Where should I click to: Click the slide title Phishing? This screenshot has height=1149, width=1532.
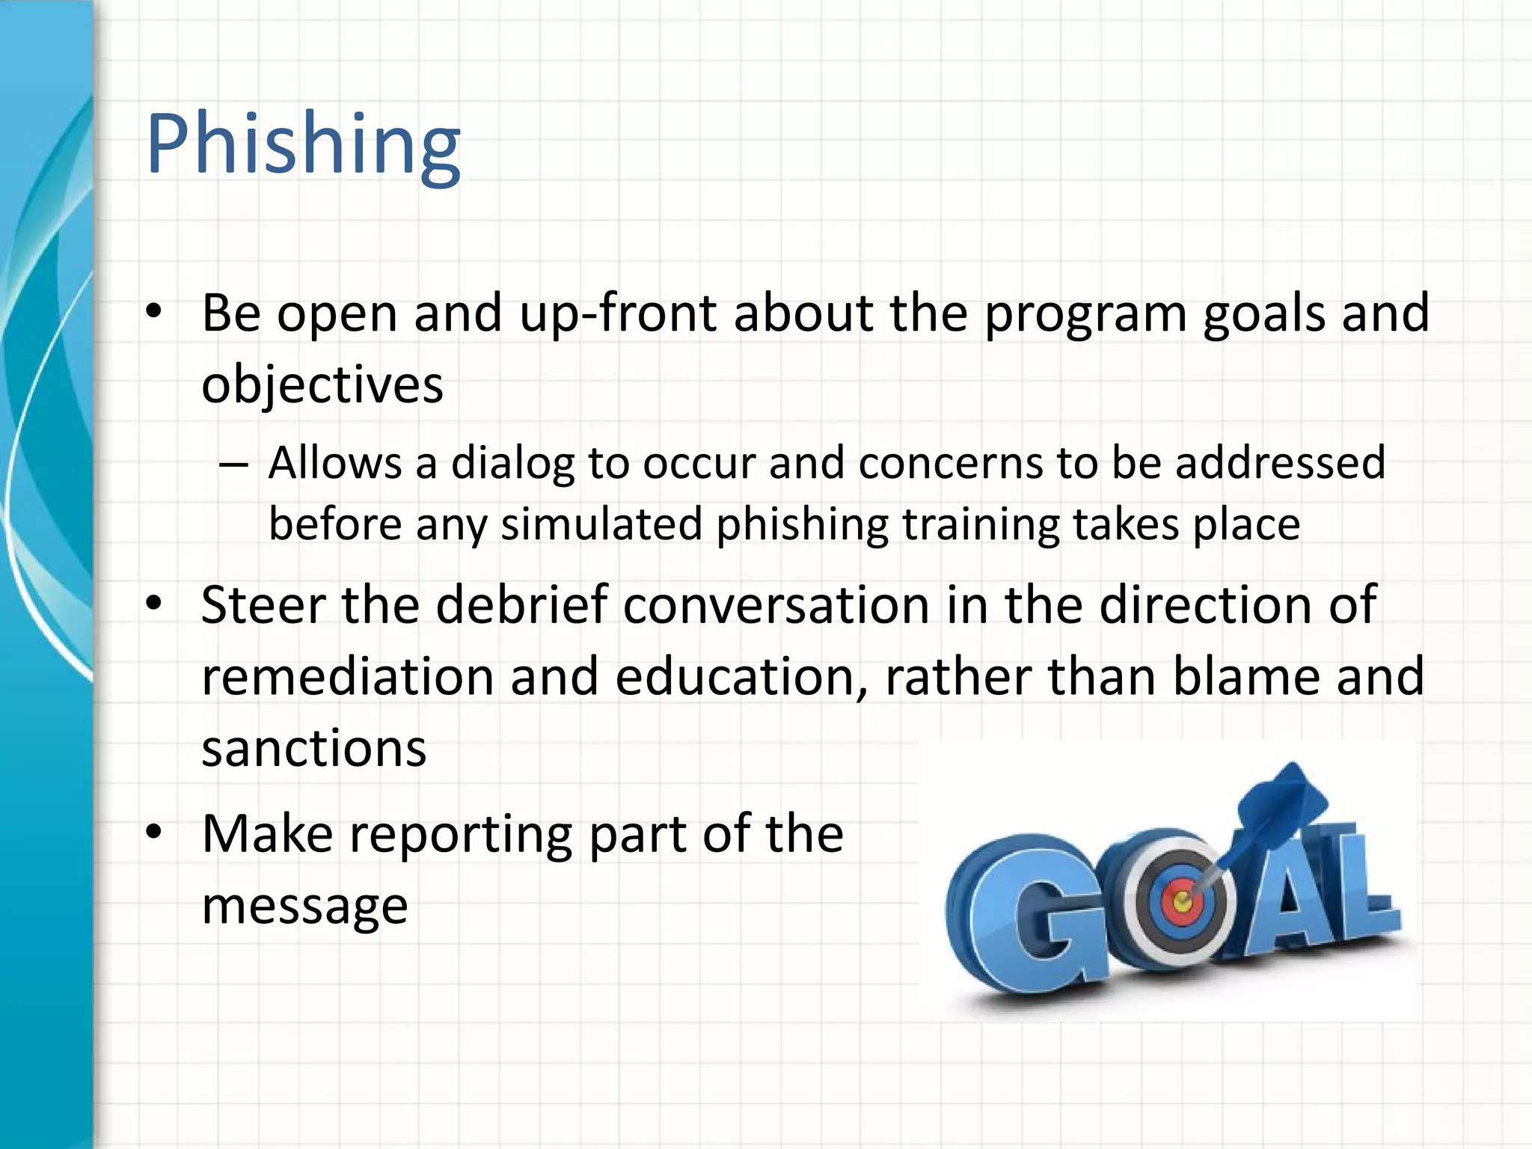[x=303, y=144]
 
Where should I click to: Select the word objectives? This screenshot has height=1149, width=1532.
[x=322, y=384]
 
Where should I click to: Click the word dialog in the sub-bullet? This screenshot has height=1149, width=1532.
[x=512, y=463]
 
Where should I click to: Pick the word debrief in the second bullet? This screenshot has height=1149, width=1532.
[x=521, y=604]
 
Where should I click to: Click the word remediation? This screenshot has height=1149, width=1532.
[x=348, y=676]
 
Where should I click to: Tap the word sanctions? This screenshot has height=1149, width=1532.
[x=314, y=748]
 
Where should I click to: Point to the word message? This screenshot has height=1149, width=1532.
[x=304, y=905]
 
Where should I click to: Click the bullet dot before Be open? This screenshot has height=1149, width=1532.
[x=154, y=313]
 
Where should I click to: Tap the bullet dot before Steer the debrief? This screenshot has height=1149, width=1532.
[x=154, y=604]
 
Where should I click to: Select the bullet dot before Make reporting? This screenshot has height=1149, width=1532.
[x=154, y=834]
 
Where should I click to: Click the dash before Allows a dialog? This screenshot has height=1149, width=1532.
[x=233, y=465]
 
